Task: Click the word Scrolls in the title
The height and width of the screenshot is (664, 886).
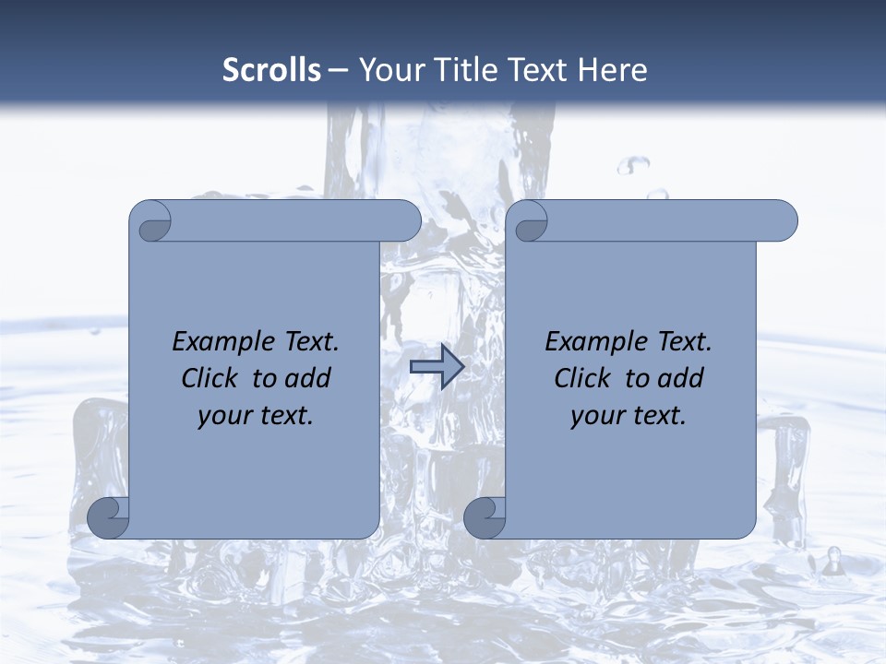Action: pyautogui.click(x=272, y=70)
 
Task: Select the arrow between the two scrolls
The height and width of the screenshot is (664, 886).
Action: pyautogui.click(x=437, y=368)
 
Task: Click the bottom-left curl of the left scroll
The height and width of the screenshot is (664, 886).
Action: pyautogui.click(x=109, y=517)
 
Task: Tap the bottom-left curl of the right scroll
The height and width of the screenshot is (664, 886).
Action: pyautogui.click(x=485, y=517)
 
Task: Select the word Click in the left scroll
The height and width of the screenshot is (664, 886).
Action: pyautogui.click(x=211, y=378)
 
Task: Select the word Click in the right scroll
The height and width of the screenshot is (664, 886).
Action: pyautogui.click(x=583, y=378)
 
